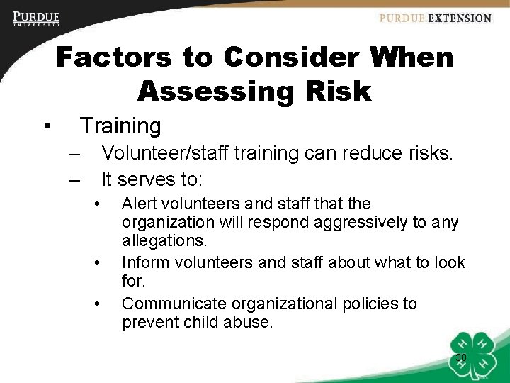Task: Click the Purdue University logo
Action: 36,18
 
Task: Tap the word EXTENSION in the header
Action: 459,18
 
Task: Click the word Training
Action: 121,126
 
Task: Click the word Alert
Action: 140,204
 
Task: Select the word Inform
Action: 144,262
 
